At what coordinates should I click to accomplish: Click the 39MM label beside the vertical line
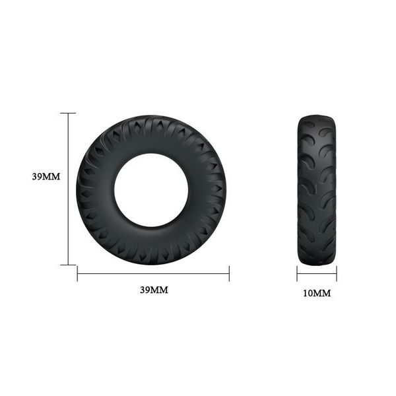pos(46,177)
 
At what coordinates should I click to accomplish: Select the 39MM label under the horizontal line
pos(154,290)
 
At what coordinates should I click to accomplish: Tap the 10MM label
pos(316,293)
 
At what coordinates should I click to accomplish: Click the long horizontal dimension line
pos(153,272)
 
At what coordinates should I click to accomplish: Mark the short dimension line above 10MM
pos(316,273)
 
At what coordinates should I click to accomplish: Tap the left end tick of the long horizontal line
pos(77,272)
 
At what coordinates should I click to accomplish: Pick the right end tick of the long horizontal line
pos(229,272)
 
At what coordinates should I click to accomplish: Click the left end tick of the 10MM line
pos(297,273)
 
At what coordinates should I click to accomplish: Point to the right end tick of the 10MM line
pos(336,273)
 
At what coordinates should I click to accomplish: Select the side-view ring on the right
pos(316,189)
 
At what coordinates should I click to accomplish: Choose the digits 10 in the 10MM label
pos(307,293)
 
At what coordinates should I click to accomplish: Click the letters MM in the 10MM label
pos(322,293)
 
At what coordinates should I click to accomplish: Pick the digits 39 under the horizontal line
pos(145,290)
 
